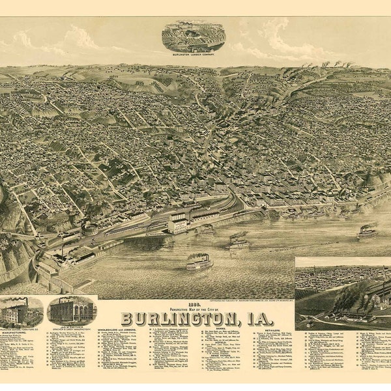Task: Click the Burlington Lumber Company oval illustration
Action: [x=193, y=36]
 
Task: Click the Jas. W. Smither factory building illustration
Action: [x=72, y=311]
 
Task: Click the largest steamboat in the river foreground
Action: [x=199, y=262]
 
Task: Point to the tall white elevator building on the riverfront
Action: [x=177, y=224]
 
